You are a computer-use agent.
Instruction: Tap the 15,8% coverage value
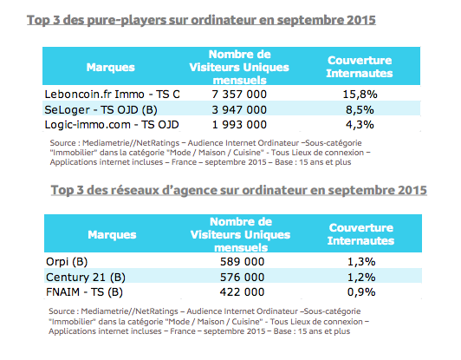click(360, 94)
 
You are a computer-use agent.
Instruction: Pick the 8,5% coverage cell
click(360, 110)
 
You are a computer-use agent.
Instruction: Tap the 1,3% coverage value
click(360, 260)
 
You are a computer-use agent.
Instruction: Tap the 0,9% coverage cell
click(360, 292)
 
